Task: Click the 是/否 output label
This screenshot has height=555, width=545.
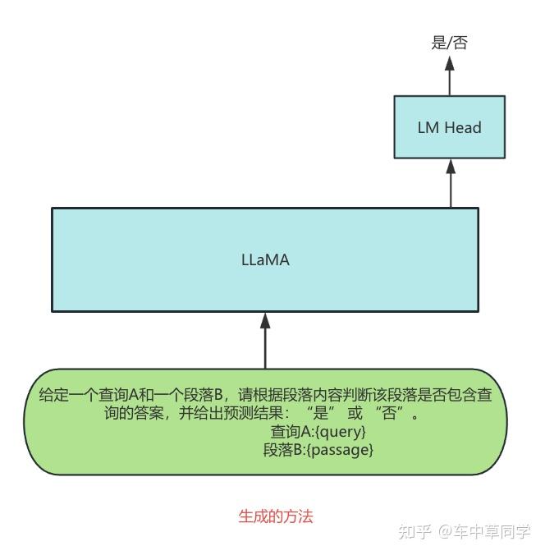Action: tap(449, 43)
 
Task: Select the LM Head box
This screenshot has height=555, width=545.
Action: tap(449, 127)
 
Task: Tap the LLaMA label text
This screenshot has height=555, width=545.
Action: tap(265, 260)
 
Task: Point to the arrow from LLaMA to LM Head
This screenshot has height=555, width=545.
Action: tap(450, 182)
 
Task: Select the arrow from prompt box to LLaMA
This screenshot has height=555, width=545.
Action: tap(265, 341)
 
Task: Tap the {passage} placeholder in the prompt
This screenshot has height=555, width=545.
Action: tap(340, 450)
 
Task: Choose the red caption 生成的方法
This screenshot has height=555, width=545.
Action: tap(276, 516)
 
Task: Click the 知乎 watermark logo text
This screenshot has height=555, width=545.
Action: tap(414, 531)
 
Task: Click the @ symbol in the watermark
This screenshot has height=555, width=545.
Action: tap(445, 532)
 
